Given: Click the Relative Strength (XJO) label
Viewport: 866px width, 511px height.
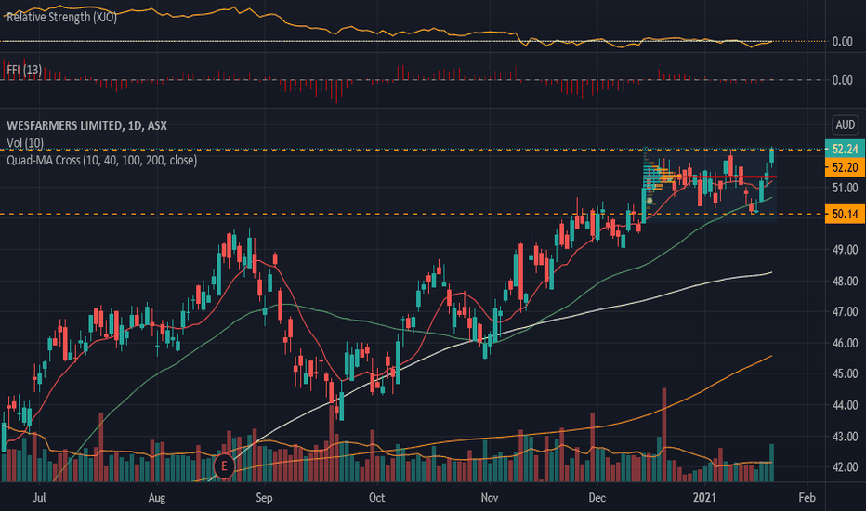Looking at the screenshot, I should pyautogui.click(x=61, y=16).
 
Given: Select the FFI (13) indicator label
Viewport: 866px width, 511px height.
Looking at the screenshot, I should pyautogui.click(x=23, y=71).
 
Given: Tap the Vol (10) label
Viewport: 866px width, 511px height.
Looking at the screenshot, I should pyautogui.click(x=24, y=143).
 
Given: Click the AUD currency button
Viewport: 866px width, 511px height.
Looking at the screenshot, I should pyautogui.click(x=845, y=125).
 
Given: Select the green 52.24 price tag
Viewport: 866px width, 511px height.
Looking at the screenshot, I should pyautogui.click(x=845, y=149).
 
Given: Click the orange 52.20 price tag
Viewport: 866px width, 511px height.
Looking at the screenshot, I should pyautogui.click(x=845, y=167).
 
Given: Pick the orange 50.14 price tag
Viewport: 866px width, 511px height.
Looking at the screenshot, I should pyautogui.click(x=845, y=215).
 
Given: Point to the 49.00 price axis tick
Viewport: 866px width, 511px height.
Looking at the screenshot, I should pyautogui.click(x=843, y=250).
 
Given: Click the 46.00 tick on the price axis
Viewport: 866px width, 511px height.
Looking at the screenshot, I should pyautogui.click(x=843, y=344).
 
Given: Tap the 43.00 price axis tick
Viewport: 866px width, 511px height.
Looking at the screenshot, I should pyautogui.click(x=843, y=437).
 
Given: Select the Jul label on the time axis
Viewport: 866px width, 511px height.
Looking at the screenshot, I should pyautogui.click(x=40, y=498).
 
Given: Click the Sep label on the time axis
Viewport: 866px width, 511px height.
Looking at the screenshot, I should pyautogui.click(x=265, y=498).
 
